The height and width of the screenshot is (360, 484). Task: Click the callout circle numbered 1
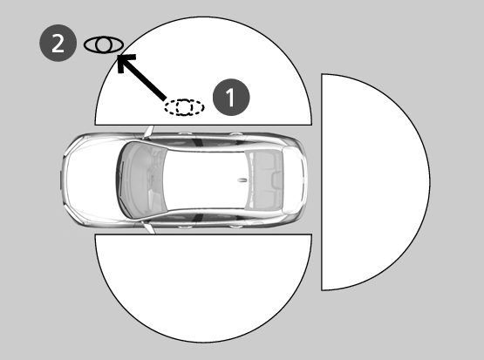click(x=231, y=97)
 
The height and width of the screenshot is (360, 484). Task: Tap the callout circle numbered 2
click(x=58, y=44)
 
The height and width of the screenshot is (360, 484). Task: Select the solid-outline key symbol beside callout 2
click(x=104, y=45)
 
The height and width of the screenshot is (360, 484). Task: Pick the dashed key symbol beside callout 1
click(x=184, y=107)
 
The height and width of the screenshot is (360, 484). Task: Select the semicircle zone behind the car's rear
click(x=375, y=182)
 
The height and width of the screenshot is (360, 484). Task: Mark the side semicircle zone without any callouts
click(x=203, y=287)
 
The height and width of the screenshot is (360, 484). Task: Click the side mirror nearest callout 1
click(x=149, y=132)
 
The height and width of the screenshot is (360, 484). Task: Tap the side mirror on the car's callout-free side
click(x=149, y=228)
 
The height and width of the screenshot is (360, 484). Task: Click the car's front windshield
click(x=142, y=180)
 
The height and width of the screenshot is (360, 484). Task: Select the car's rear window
click(x=265, y=180)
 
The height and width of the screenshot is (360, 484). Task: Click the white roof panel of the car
click(x=205, y=180)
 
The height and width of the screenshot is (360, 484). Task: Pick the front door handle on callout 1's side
click(x=185, y=133)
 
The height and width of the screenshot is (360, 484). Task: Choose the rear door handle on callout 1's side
click(x=236, y=134)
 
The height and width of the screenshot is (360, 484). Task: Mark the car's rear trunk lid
click(x=293, y=180)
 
